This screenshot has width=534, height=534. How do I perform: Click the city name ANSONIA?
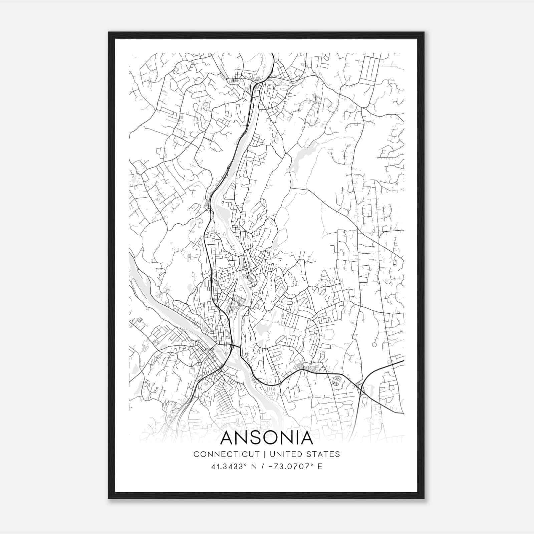(267, 438)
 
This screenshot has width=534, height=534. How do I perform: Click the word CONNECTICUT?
(226, 454)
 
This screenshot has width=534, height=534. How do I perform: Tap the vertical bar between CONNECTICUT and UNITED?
(264, 454)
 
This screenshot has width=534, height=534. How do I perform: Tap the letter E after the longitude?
(320, 467)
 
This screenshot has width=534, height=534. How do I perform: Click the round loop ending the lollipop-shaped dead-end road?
(374, 344)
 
